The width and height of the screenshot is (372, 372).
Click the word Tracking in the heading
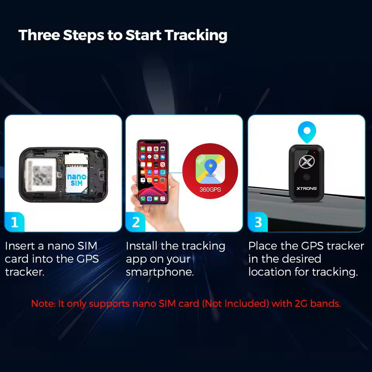[196, 35]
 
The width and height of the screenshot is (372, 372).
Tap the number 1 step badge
[14, 222]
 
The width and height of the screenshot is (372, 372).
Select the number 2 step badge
[136, 222]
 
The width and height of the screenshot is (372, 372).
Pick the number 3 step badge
[258, 222]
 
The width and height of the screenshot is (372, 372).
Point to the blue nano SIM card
[76, 180]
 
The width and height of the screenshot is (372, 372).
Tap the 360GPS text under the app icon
[210, 189]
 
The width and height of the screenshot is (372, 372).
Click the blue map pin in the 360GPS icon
[210, 167]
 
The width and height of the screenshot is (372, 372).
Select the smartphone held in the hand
[153, 172]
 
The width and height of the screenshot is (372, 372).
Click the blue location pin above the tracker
[307, 132]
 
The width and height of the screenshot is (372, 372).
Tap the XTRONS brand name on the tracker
[307, 188]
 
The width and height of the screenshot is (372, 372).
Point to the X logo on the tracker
[307, 162]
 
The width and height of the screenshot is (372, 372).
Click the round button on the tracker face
[307, 177]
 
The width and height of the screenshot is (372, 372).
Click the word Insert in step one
[20, 246]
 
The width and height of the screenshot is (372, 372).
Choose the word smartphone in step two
[160, 272]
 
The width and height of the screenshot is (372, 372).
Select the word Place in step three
[262, 246]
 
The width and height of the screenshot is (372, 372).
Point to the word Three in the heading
[39, 35]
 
